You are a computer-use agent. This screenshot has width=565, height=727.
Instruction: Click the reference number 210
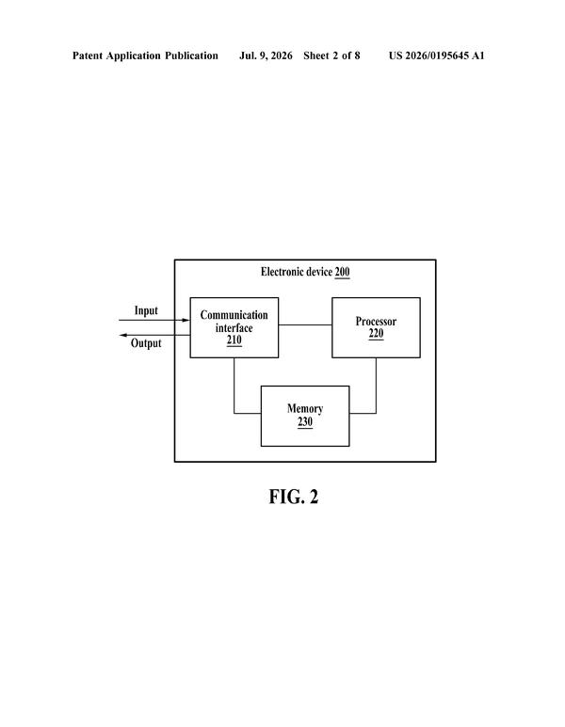234,340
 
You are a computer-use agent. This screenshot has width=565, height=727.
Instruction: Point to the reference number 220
376,334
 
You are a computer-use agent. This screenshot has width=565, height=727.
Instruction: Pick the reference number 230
305,422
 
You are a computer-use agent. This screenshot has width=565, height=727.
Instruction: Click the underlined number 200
342,272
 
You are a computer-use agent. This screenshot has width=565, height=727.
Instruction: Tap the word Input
146,310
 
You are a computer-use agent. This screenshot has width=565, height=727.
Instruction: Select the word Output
146,343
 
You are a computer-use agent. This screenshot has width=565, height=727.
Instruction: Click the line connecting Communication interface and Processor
305,325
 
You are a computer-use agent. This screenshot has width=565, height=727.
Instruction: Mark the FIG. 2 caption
294,497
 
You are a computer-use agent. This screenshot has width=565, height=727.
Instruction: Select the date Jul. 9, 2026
266,56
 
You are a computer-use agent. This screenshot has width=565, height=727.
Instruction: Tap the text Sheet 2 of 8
331,55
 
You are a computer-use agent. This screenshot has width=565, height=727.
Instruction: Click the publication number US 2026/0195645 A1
436,55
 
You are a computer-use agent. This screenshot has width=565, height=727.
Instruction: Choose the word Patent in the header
88,55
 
